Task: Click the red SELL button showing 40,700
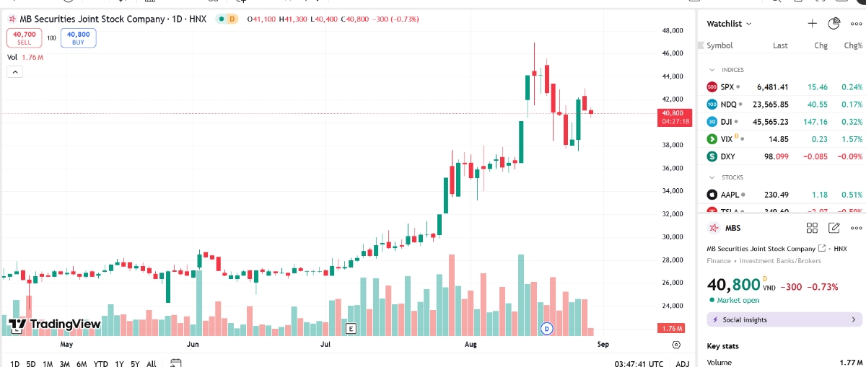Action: point(25,37)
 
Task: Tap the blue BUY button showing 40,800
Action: point(78,37)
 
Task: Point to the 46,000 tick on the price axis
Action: point(673,53)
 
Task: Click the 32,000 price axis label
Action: point(673,214)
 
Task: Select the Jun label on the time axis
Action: point(193,345)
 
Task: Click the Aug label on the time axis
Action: point(471,345)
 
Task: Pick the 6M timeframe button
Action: point(82,363)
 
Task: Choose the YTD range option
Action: point(101,363)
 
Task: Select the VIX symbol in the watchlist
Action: point(727,138)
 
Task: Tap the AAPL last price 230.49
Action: point(772,194)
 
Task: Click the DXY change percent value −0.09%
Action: point(851,156)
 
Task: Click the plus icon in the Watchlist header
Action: point(812,24)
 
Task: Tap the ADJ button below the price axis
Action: point(682,363)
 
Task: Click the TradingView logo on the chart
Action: point(55,324)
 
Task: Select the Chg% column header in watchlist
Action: point(853,45)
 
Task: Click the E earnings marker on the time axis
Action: point(351,329)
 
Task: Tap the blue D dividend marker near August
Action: point(546,329)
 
